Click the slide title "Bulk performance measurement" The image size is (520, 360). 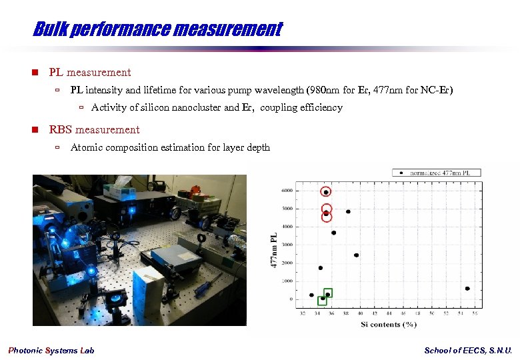(157, 29)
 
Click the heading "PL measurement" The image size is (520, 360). (90, 72)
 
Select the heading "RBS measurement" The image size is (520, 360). (94, 129)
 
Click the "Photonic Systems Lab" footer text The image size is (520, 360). (51, 351)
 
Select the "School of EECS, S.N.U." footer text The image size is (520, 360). (468, 351)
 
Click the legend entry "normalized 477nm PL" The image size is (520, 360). (440, 173)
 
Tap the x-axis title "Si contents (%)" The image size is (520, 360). (388, 324)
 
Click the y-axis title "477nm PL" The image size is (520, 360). (273, 250)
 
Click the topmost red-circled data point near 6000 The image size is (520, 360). (326, 192)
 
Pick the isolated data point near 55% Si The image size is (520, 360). (467, 289)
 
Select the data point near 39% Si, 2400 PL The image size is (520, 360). (356, 255)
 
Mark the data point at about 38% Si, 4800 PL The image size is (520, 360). (348, 212)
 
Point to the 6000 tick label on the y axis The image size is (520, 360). (285, 191)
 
